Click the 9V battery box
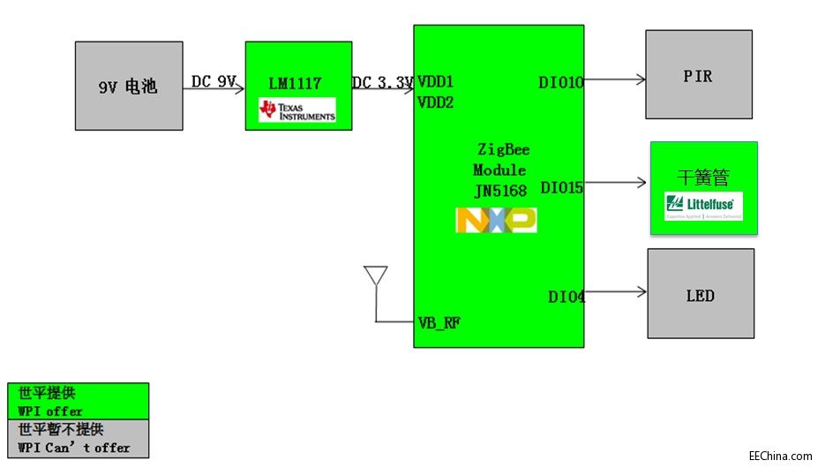click(129, 86)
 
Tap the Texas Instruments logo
click(296, 110)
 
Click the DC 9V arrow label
click(214, 81)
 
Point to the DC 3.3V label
click(383, 83)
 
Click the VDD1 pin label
click(435, 81)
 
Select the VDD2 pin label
click(435, 102)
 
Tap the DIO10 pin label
click(561, 83)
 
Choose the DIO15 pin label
click(561, 188)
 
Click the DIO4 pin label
click(567, 298)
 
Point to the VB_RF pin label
click(439, 322)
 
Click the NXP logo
click(496, 220)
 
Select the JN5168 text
click(499, 190)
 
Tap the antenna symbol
click(376, 277)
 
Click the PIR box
click(699, 75)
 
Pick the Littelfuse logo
click(703, 207)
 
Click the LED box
click(701, 293)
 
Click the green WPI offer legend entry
click(78, 401)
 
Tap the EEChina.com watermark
click(779, 457)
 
